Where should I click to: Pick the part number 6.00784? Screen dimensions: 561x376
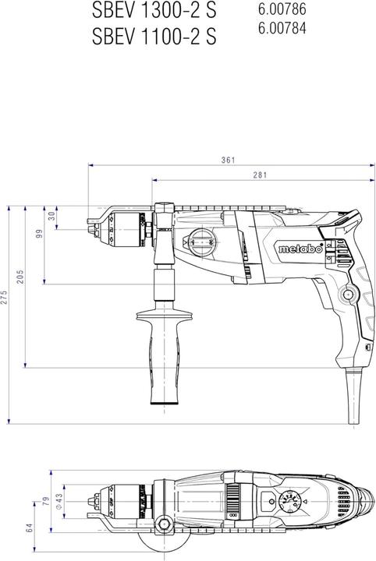coord(282,29)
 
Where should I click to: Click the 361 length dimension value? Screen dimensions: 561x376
coord(227,161)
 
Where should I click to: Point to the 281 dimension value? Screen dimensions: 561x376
coord(260,176)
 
